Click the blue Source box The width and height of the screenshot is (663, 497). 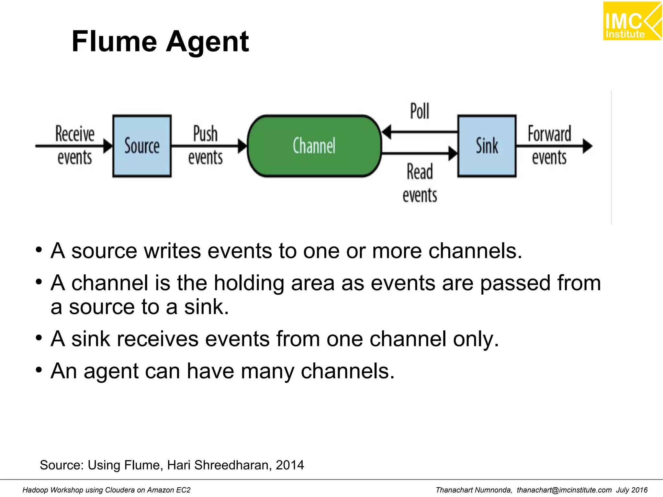point(142,146)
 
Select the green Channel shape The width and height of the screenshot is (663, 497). point(314,146)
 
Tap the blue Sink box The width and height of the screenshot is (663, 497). point(487,146)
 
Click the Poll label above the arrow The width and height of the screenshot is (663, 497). point(420,111)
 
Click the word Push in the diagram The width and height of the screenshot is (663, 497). point(205,134)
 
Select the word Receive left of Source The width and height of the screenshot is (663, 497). point(75,134)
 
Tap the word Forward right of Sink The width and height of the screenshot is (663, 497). point(549,134)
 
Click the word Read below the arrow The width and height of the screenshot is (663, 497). point(420,172)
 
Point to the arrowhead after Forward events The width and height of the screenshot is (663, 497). point(588,146)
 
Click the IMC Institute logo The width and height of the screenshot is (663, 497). point(632,21)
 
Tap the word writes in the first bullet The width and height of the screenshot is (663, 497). point(172,251)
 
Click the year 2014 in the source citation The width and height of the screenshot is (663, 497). point(290,465)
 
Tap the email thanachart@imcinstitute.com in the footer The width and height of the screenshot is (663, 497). point(564,490)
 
